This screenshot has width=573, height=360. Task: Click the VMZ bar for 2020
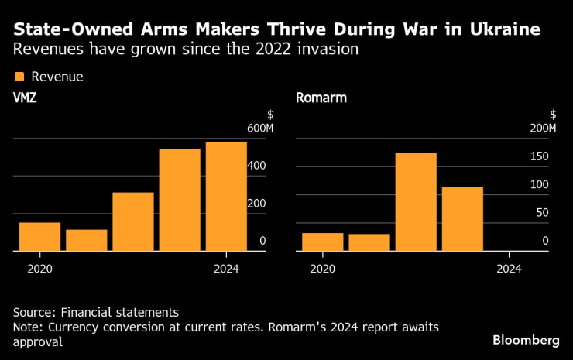tap(39, 236)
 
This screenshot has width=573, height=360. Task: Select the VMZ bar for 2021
tap(86, 240)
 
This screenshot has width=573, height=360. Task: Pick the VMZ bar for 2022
tap(132, 221)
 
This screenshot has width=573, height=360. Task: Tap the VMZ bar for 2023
tap(180, 200)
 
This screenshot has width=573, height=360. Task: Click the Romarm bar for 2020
tap(322, 242)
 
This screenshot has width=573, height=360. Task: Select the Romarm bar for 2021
tap(369, 242)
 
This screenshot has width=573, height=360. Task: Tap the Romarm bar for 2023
tap(462, 219)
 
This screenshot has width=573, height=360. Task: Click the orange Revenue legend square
tap(19, 77)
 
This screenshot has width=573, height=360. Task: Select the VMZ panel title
tap(25, 98)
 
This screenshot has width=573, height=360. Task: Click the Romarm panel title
tap(321, 98)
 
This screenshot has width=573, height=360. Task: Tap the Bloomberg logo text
tap(526, 341)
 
